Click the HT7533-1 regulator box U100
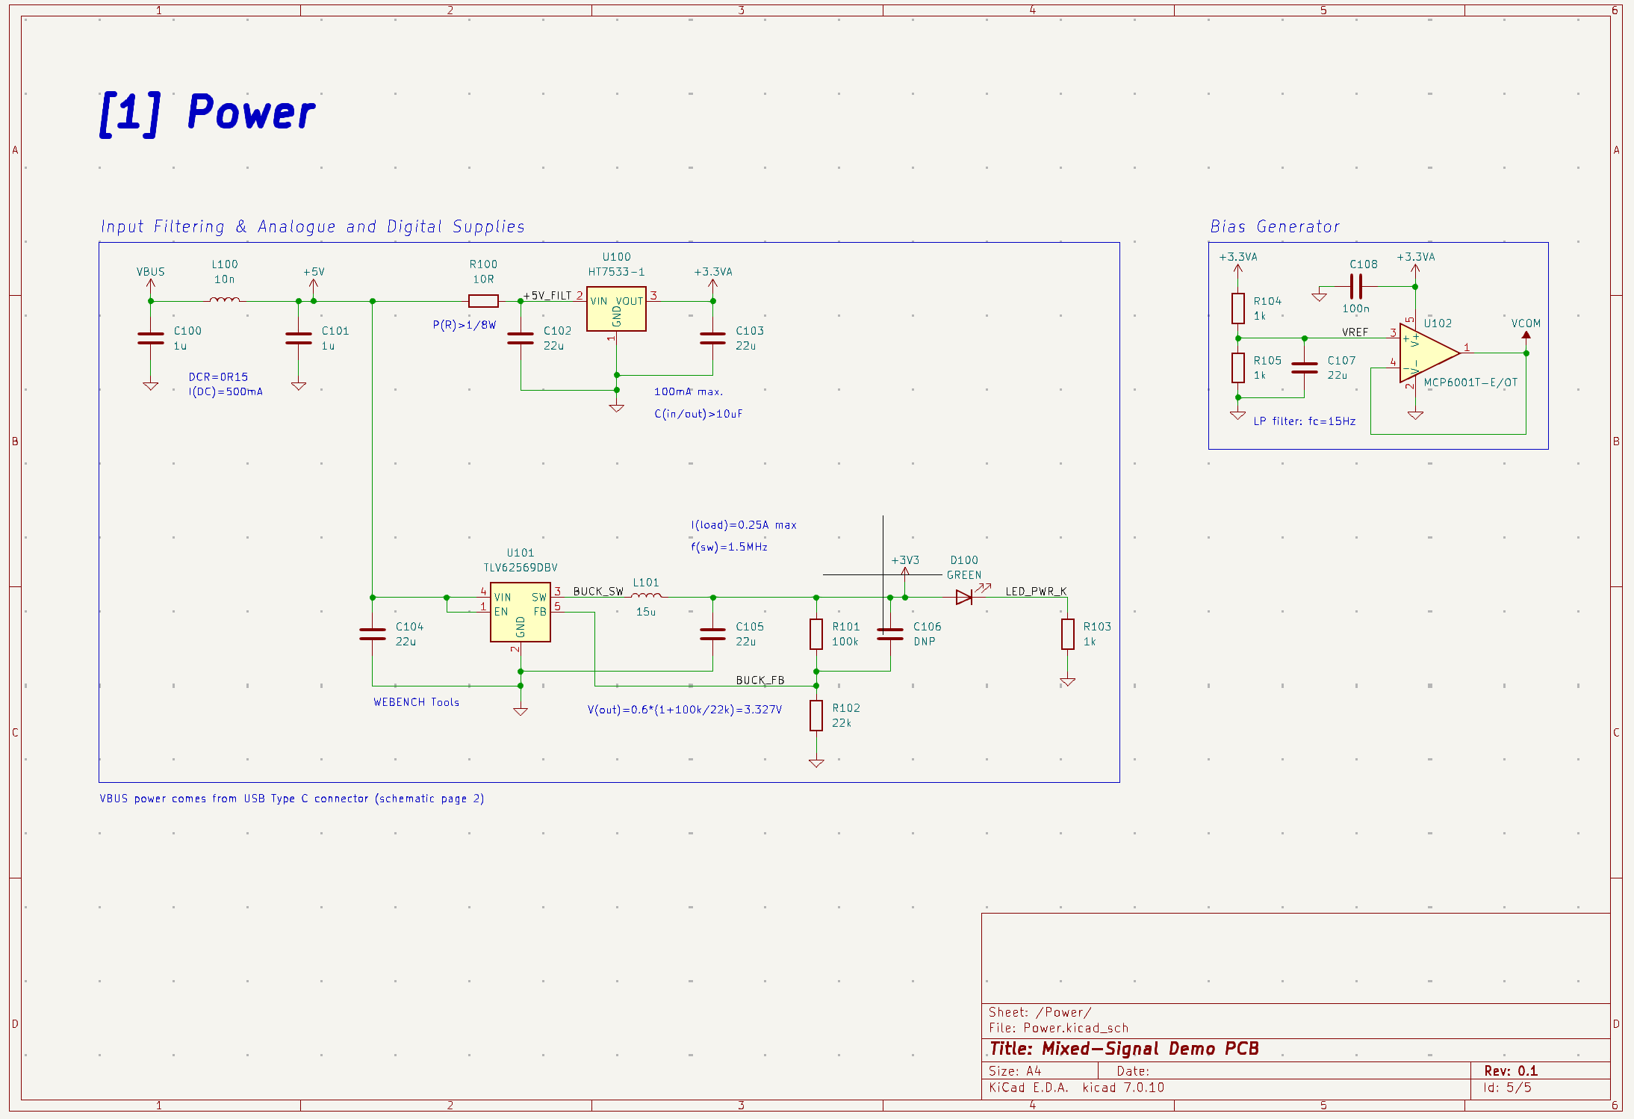click(x=616, y=309)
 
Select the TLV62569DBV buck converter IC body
click(x=521, y=613)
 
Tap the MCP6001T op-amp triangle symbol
click(x=1427, y=353)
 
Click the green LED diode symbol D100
click(x=964, y=597)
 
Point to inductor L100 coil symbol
click(x=224, y=300)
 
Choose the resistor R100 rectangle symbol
click(x=483, y=301)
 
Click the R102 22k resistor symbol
click(x=816, y=715)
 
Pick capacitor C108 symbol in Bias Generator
click(x=1355, y=286)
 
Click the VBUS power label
click(x=150, y=272)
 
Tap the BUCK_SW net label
click(x=597, y=591)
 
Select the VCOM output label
click(x=1525, y=323)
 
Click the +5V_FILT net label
click(x=547, y=296)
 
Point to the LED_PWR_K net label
click(x=1035, y=591)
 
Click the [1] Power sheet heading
click(x=208, y=113)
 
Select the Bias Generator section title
click(x=1274, y=226)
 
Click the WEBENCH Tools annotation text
click(x=416, y=702)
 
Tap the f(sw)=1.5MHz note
click(x=729, y=547)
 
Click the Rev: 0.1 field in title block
click(x=1510, y=1070)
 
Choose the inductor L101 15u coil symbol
click(x=646, y=596)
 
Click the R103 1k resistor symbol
click(x=1067, y=633)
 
